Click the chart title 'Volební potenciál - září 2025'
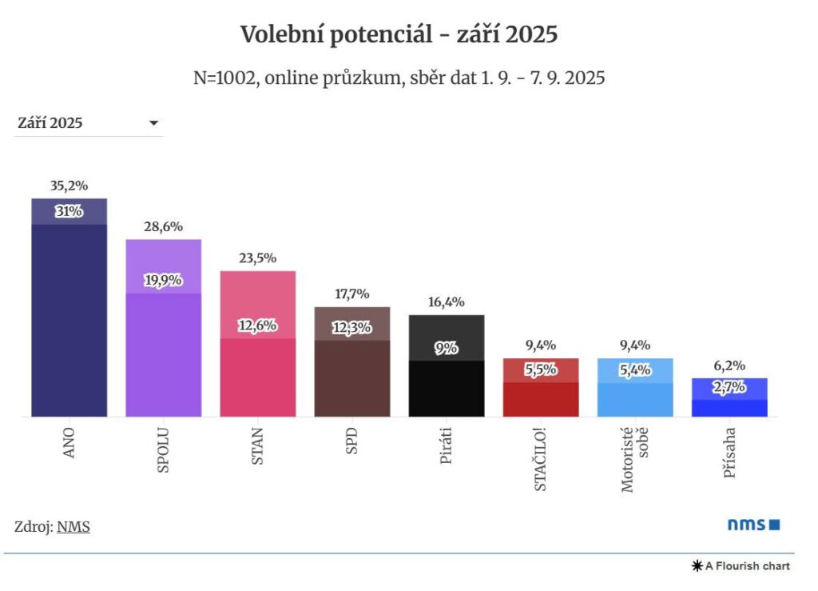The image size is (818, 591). click(x=399, y=34)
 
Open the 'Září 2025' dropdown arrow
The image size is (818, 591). click(x=154, y=123)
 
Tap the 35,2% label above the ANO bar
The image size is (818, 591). click(x=69, y=186)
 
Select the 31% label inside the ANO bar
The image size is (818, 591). click(x=69, y=212)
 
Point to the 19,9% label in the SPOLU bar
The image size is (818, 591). click(x=163, y=281)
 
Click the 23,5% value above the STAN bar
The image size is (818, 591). click(x=257, y=258)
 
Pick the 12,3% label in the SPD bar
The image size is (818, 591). click(x=351, y=327)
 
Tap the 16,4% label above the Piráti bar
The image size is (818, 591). click(x=446, y=302)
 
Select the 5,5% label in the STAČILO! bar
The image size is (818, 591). click(x=541, y=371)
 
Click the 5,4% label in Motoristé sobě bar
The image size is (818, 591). click(x=635, y=371)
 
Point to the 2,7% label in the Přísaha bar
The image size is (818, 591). click(x=729, y=388)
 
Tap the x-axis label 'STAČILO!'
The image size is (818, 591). click(x=541, y=459)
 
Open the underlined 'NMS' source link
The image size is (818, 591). click(x=73, y=527)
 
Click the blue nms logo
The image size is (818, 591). click(x=752, y=525)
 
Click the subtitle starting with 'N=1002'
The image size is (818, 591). click(x=399, y=78)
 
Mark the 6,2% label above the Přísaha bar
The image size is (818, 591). click(x=729, y=365)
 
